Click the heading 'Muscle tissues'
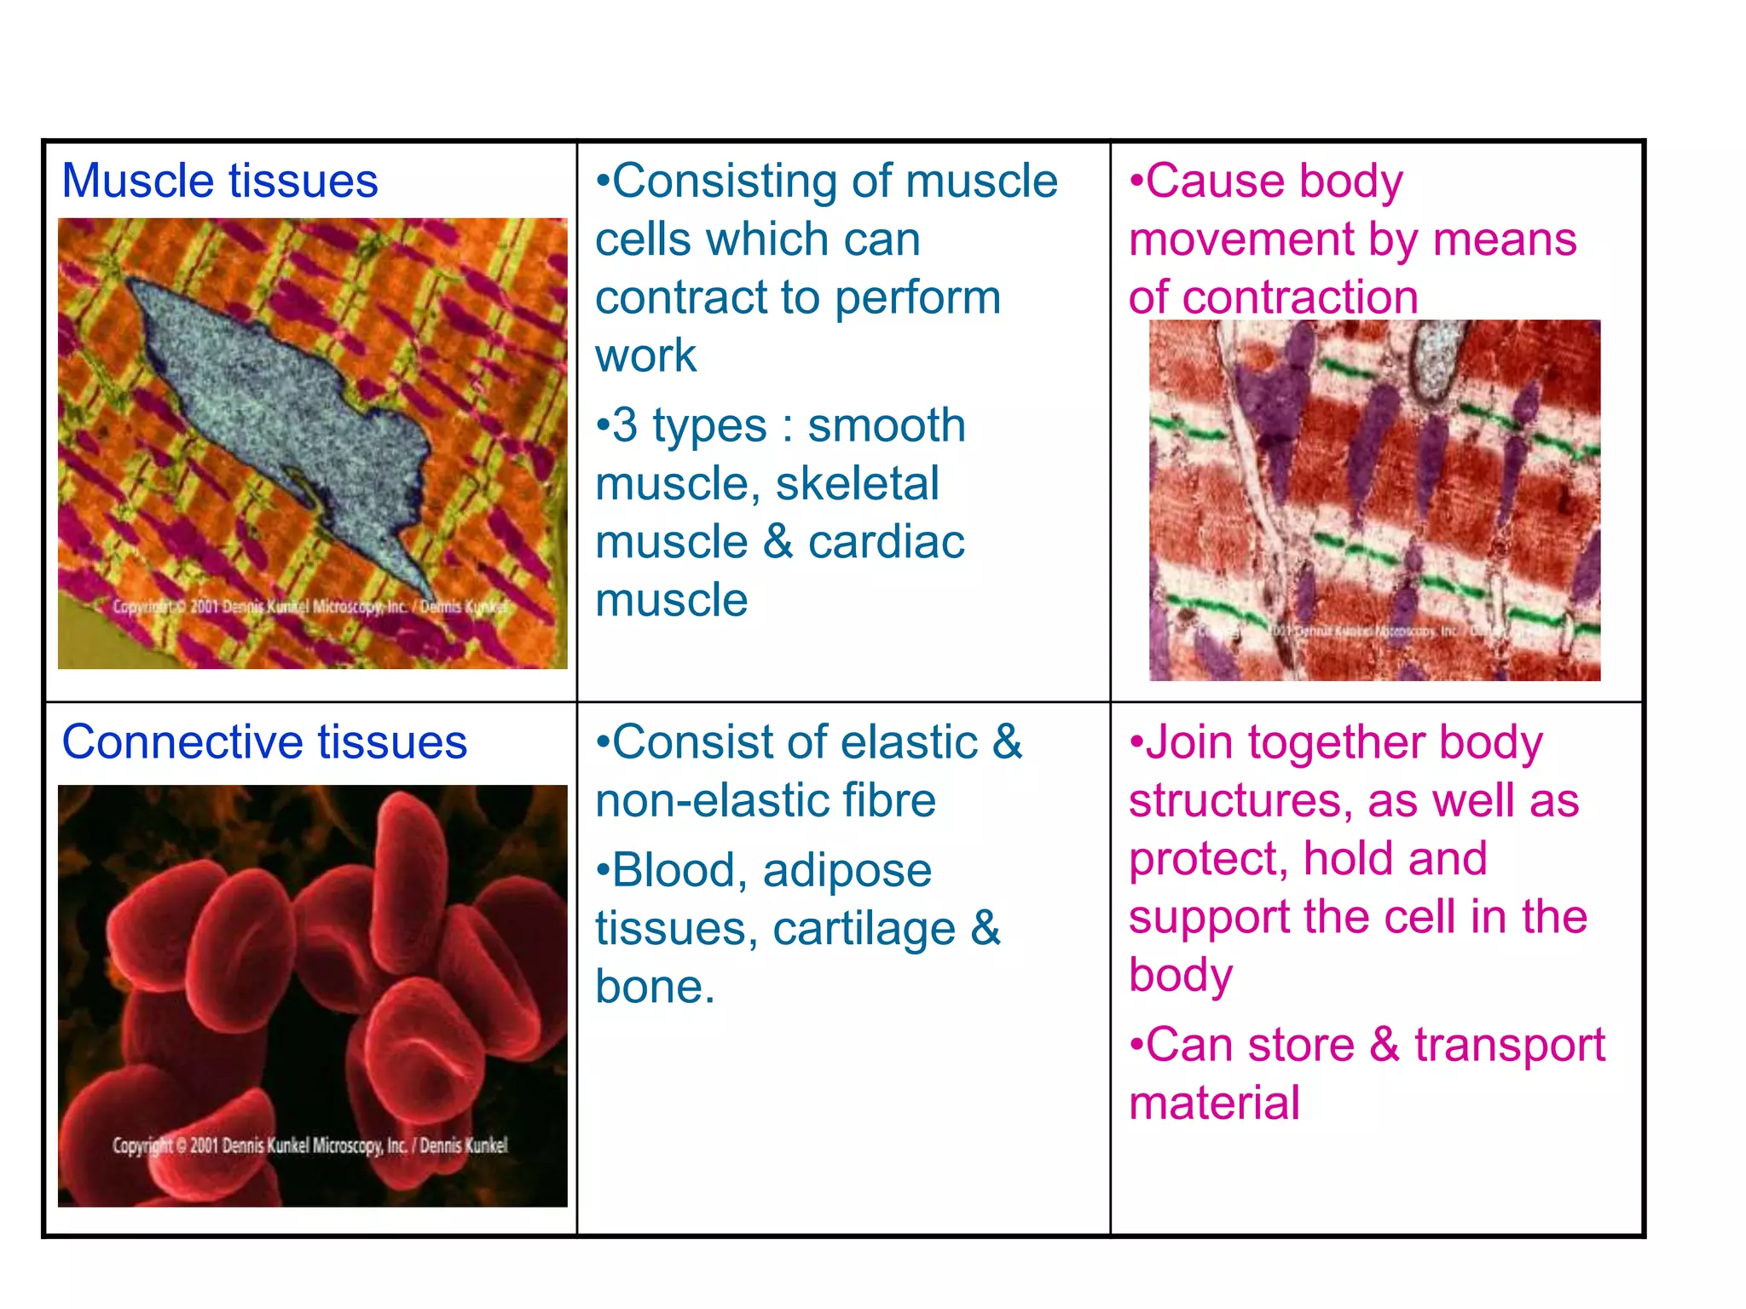[x=220, y=182]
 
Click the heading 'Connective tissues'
[x=264, y=742]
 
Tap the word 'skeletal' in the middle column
[x=857, y=484]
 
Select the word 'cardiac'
[x=886, y=542]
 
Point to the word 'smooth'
[x=886, y=425]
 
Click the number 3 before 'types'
[x=625, y=425]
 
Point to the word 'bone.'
[x=655, y=987]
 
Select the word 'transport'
[x=1509, y=1045]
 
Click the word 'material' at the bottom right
[x=1214, y=1103]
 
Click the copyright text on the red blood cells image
[x=310, y=1145]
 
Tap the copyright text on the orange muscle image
[x=310, y=607]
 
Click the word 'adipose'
[x=847, y=871]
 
